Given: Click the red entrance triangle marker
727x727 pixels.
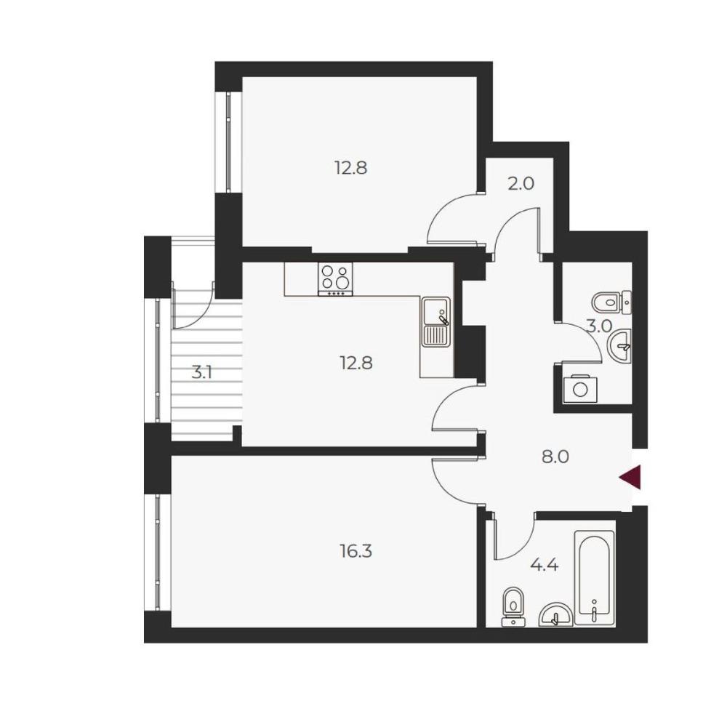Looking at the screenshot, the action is click(632, 477).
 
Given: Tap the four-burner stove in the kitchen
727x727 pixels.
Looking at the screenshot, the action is click(334, 278).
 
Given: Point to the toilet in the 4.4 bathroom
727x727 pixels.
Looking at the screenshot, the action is click(513, 607).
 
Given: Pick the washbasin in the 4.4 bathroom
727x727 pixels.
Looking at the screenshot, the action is click(556, 614).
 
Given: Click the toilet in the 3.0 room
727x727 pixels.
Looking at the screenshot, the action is click(611, 302).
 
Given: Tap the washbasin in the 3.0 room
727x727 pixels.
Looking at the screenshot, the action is click(619, 346).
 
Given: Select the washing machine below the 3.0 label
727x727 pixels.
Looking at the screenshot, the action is click(580, 388).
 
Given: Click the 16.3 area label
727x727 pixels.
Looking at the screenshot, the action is click(356, 552).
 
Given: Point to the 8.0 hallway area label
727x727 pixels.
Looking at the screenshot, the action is click(555, 457).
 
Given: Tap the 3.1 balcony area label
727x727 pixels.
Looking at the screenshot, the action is click(201, 372).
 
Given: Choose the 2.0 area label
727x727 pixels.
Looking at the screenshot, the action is click(521, 184).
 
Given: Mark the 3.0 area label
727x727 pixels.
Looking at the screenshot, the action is click(600, 327).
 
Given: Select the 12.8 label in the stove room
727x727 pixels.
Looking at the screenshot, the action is click(356, 363).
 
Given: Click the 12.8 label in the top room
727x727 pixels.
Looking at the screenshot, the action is click(351, 167).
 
